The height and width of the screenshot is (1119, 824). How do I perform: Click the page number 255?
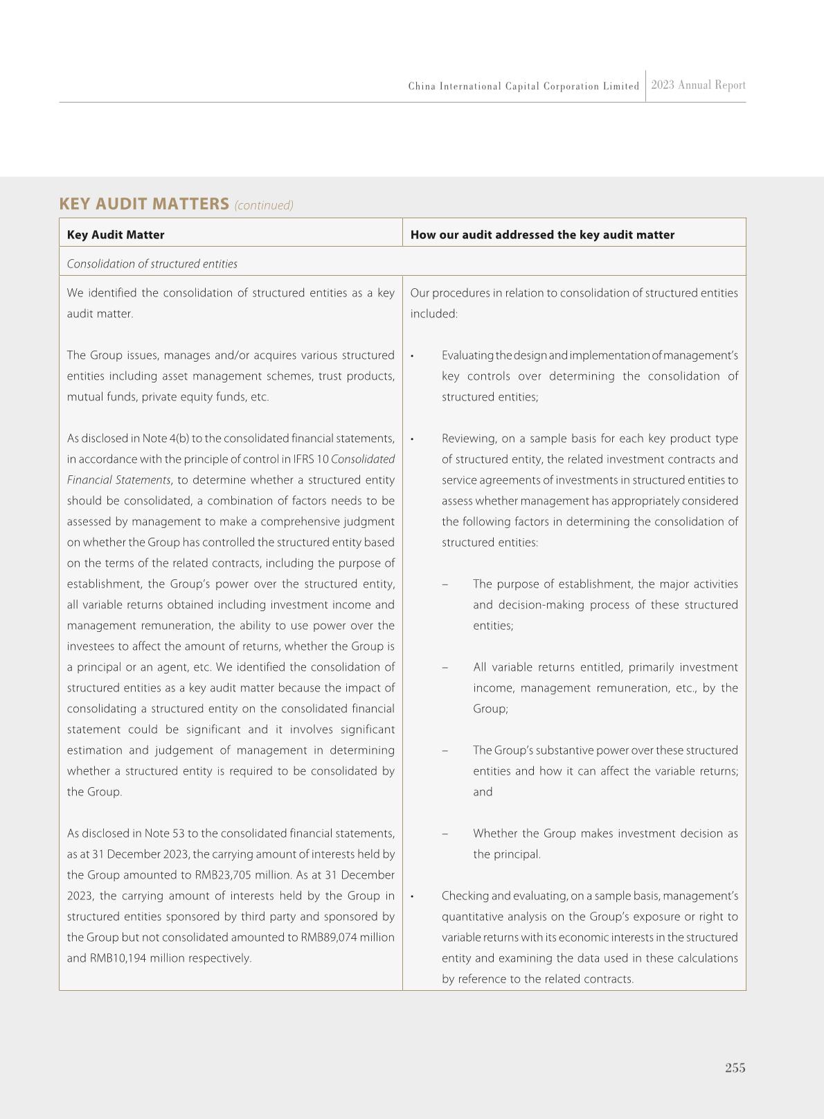click(735, 1068)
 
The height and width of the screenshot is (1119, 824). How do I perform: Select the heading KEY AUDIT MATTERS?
click(144, 204)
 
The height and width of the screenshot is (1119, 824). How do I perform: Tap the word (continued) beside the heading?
click(264, 205)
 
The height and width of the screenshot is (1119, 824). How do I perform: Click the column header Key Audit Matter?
click(116, 235)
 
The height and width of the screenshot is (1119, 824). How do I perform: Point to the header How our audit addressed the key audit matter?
click(542, 235)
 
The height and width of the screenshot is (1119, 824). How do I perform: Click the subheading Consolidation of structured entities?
click(152, 264)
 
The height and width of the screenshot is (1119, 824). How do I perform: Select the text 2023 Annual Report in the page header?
click(698, 85)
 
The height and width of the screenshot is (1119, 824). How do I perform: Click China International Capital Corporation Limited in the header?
click(523, 87)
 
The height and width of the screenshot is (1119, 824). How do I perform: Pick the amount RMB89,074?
click(330, 937)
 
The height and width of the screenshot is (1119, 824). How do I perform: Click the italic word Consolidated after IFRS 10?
click(363, 459)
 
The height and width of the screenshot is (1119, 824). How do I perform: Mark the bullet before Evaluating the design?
click(412, 356)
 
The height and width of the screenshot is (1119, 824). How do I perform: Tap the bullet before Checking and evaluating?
click(412, 897)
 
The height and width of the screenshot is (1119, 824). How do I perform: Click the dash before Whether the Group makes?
click(445, 834)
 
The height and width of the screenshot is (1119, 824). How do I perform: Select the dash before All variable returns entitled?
click(445, 667)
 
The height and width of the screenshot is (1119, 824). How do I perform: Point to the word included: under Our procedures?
click(433, 314)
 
